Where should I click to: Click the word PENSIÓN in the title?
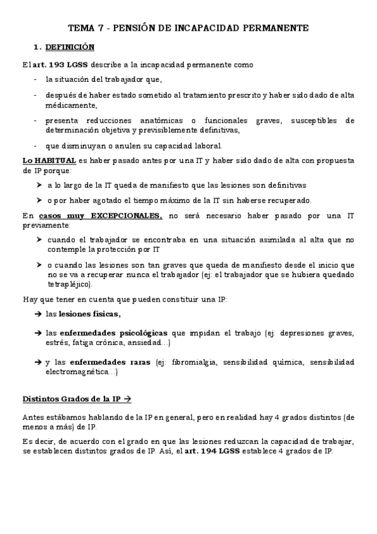click(127, 28)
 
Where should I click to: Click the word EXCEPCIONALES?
click(126, 216)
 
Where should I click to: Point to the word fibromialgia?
click(196, 362)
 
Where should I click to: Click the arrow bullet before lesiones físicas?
click(38, 314)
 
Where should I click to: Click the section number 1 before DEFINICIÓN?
click(36, 47)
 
